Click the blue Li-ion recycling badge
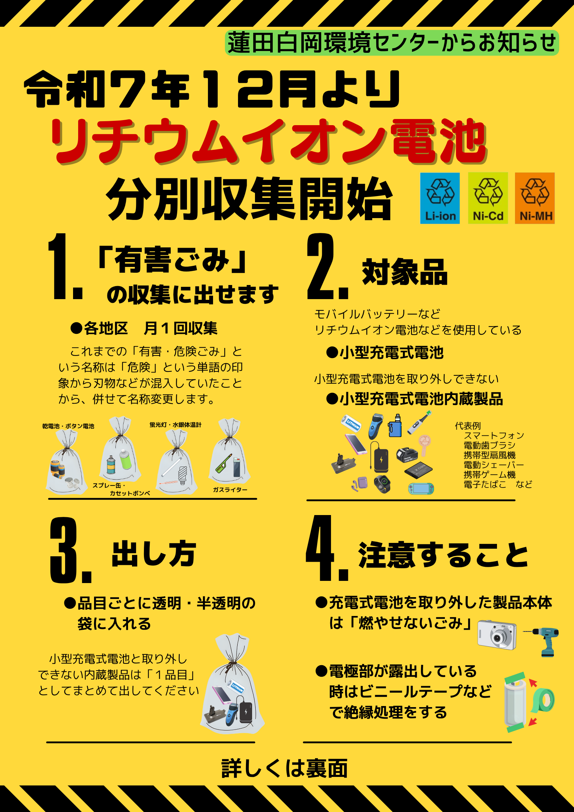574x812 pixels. coord(440,198)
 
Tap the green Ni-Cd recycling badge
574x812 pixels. coord(488,198)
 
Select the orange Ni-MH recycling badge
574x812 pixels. coord(535,198)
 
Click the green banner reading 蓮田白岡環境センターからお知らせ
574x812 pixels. coord(392,43)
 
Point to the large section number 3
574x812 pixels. coord(64,550)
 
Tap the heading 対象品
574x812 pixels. coord(405,272)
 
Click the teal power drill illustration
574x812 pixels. coord(541,642)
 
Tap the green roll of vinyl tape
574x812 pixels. coord(543,700)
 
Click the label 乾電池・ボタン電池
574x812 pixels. coord(68,426)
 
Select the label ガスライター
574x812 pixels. coord(230,490)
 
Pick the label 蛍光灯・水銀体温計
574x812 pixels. coord(175,425)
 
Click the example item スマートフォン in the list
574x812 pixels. coord(494,435)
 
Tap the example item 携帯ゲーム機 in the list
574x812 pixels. coord(490,475)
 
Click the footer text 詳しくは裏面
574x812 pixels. coord(284,768)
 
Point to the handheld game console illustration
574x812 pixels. coord(421,489)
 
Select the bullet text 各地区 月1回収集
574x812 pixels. coord(144,328)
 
